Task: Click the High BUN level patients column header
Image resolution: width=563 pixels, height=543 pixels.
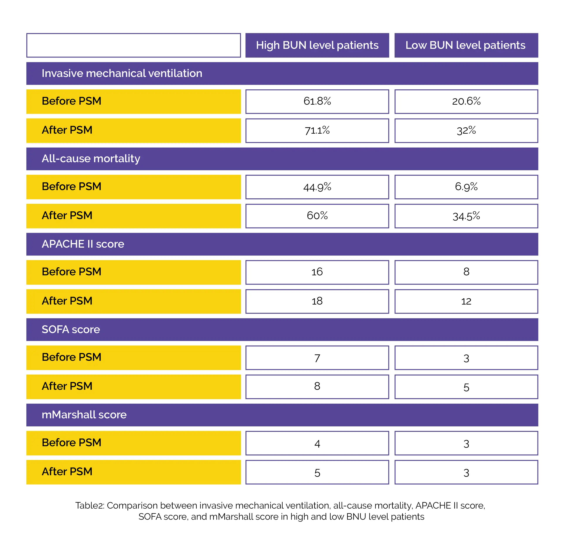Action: (x=317, y=45)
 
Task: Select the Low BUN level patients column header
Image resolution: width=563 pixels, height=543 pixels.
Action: (x=466, y=45)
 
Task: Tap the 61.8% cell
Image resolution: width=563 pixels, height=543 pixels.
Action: (x=317, y=101)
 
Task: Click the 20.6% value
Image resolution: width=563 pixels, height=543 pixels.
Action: (x=466, y=101)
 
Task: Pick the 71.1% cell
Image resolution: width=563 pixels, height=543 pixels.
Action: (x=317, y=131)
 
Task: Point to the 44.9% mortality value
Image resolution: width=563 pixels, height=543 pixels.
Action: (x=317, y=187)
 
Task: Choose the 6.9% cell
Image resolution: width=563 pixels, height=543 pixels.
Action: (x=466, y=187)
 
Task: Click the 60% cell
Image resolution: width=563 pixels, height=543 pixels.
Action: (x=317, y=216)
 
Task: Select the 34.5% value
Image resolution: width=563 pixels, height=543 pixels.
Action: (x=466, y=216)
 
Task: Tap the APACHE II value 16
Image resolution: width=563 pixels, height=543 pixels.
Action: (x=317, y=272)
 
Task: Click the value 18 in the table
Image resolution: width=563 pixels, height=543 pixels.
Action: (x=317, y=301)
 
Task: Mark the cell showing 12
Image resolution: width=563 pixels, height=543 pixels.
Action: (x=466, y=301)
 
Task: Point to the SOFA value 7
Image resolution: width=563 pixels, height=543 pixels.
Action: (x=317, y=358)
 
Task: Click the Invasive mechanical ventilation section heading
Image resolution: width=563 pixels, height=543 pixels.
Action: (x=122, y=73)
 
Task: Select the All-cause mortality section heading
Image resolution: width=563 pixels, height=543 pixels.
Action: (x=91, y=159)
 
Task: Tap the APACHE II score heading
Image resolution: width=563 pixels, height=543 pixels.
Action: (x=83, y=244)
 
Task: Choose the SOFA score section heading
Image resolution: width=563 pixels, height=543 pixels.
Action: (x=71, y=329)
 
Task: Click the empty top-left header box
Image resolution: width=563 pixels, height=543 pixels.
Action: (x=134, y=45)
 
